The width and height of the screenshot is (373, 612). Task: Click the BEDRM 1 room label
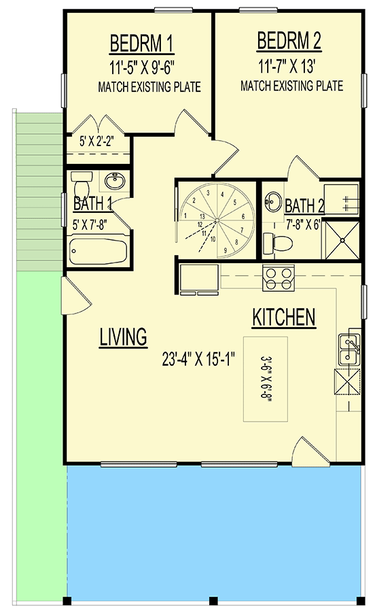[141, 46]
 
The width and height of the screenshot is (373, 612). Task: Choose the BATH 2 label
[304, 205]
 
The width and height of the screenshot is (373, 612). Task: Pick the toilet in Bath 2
[279, 241]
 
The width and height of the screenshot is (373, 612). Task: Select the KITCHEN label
[283, 317]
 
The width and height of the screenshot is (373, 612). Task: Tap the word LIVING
[123, 337]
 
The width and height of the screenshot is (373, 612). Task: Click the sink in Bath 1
[113, 182]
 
